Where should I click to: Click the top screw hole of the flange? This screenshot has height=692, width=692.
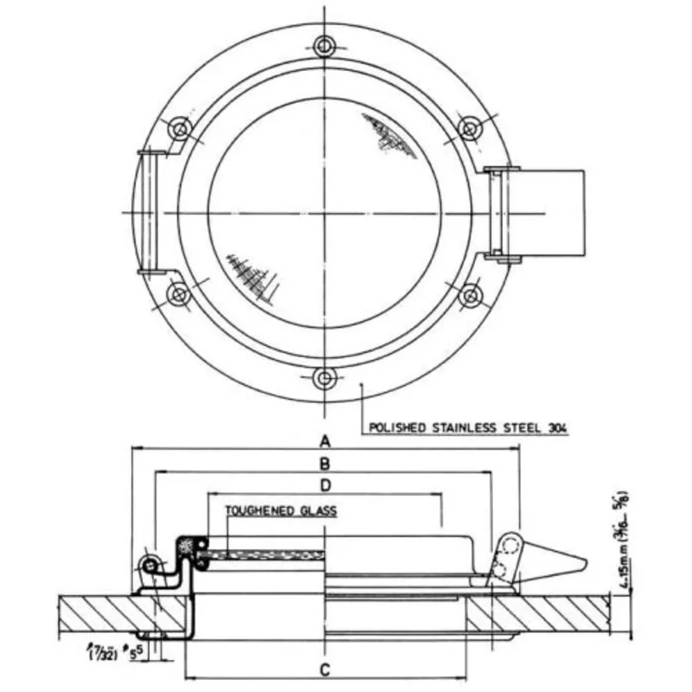(324, 45)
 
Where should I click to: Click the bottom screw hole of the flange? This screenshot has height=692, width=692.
(324, 377)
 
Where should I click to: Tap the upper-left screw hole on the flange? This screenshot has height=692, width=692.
(180, 130)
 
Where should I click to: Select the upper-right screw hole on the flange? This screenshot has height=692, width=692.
(468, 129)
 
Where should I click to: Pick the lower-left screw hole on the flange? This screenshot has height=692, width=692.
(180, 295)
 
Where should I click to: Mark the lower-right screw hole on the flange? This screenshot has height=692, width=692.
(470, 296)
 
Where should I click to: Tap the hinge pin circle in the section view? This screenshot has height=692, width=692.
(150, 565)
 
